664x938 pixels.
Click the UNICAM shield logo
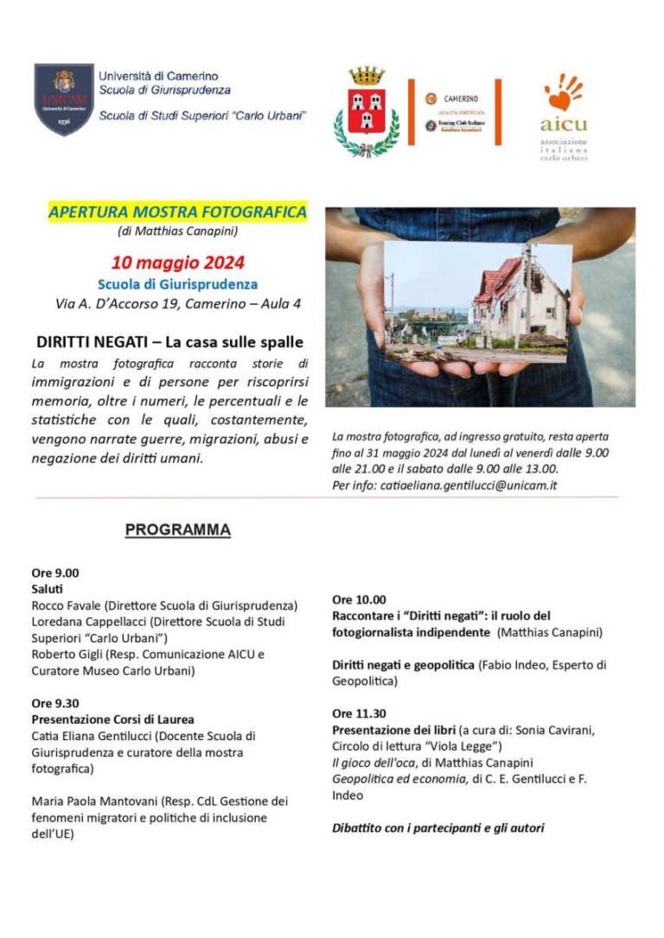[x=64, y=98]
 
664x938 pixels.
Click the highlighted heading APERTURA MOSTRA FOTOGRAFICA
[x=177, y=212]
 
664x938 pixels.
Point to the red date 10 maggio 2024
[x=177, y=262]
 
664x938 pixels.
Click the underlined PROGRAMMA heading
[x=177, y=529]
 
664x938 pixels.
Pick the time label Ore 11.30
[x=359, y=713]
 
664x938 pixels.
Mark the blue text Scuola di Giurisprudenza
[x=177, y=283]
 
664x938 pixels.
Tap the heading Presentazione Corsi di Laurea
[x=112, y=719]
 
